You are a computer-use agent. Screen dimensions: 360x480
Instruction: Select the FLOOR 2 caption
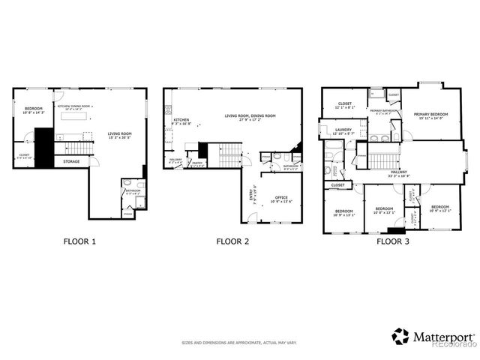click(232, 241)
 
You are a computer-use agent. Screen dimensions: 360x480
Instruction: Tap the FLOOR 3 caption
click(393, 241)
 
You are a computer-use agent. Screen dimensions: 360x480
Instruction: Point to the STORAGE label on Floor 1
click(71, 161)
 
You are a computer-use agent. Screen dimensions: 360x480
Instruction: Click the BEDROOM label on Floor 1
click(34, 109)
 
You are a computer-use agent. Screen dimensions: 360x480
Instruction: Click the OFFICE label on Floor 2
click(282, 198)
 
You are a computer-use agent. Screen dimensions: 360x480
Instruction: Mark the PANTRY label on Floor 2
click(198, 163)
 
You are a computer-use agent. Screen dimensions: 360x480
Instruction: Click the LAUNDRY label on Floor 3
click(344, 130)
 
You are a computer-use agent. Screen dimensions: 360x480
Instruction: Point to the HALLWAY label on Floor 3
click(399, 172)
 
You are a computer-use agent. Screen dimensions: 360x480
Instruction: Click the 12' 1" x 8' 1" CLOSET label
click(345, 104)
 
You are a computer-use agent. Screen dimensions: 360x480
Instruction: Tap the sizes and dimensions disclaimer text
click(239, 343)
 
